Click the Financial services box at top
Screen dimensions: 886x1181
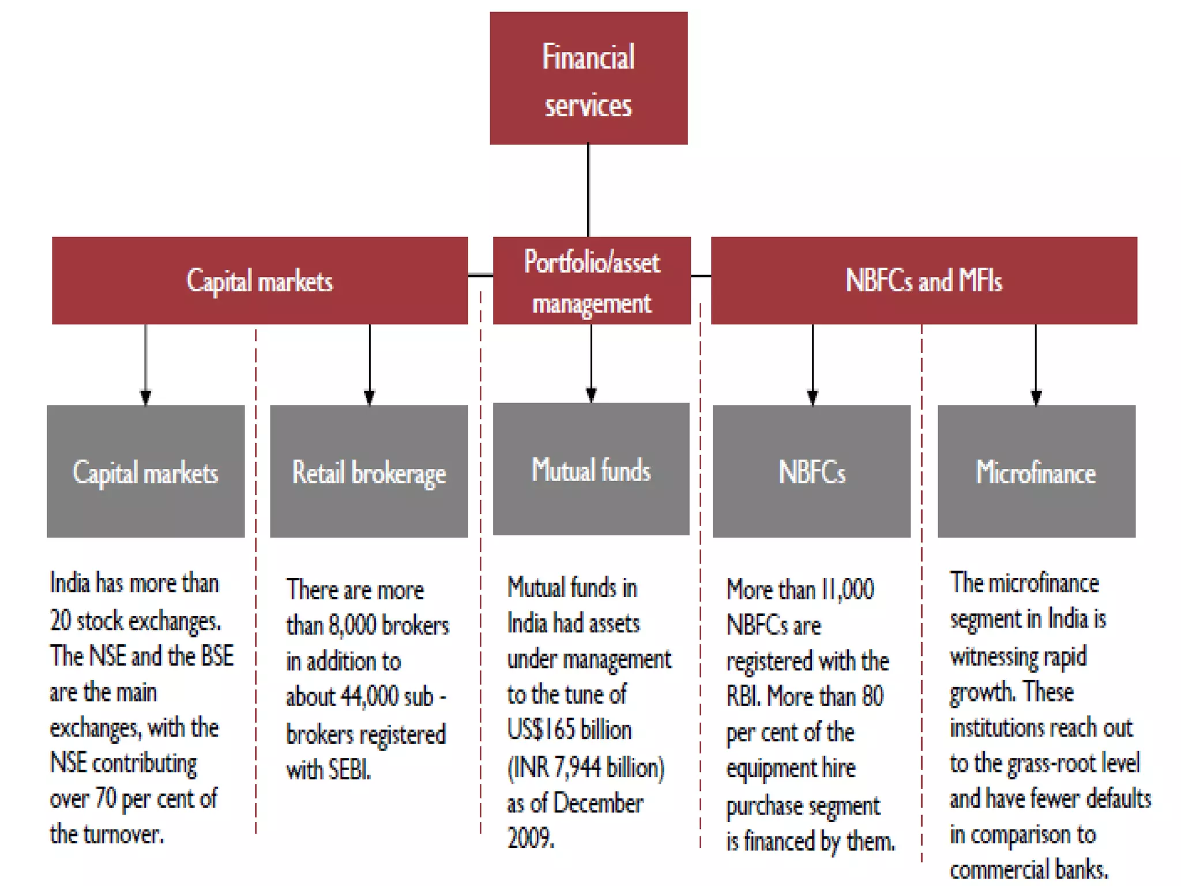588,78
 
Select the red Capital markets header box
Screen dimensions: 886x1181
259,280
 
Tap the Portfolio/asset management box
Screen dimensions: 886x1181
592,280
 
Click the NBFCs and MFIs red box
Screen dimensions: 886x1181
924,280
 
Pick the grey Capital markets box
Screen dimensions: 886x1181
145,471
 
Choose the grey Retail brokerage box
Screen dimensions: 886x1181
369,471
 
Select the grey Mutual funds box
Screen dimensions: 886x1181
591,469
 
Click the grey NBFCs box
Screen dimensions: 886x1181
811,471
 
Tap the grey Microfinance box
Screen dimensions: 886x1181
1036,471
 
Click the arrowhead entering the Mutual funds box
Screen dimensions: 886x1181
591,395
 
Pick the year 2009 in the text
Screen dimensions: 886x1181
531,838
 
